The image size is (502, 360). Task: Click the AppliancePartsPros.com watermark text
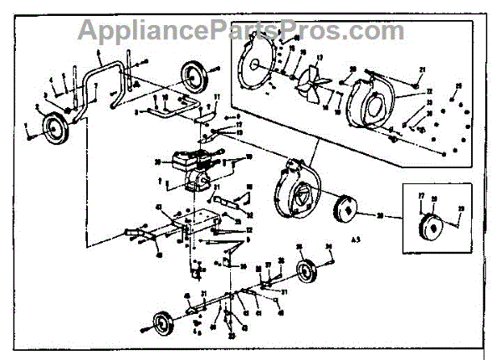coord(242,31)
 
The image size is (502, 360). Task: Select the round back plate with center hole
coord(259,65)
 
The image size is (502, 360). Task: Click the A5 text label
coord(380,240)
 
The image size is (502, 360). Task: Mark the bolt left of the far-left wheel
coord(30,136)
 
